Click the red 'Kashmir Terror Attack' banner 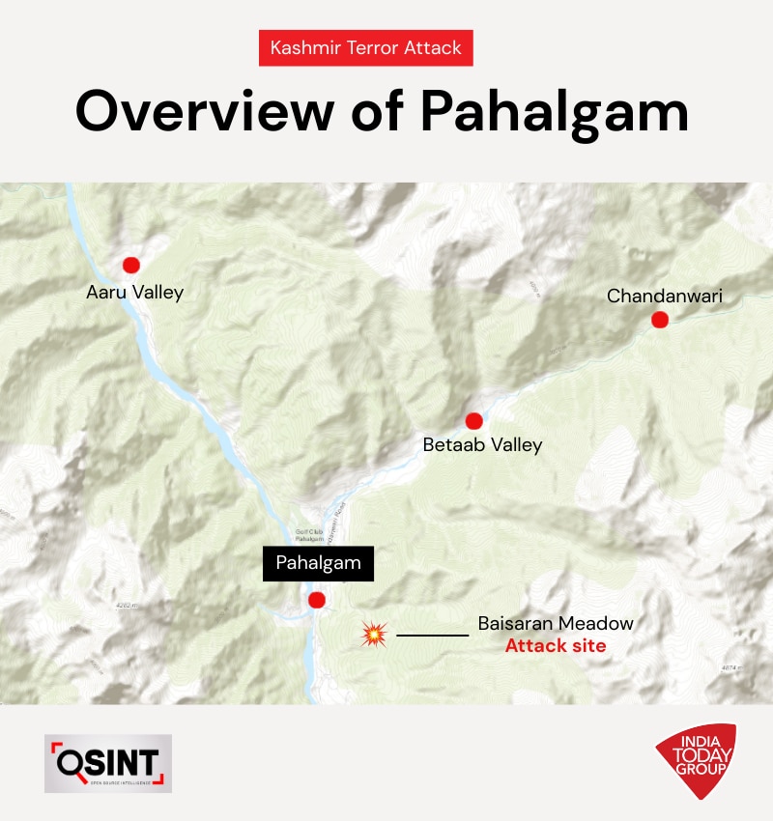tap(365, 47)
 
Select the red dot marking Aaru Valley tap(130, 265)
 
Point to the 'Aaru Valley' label tap(134, 292)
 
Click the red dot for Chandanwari tap(660, 320)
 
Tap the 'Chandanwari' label tap(664, 296)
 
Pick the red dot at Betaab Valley tap(473, 421)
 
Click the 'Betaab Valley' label tap(482, 445)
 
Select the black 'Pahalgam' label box tap(318, 564)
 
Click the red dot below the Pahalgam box tap(315, 601)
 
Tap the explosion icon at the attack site tap(374, 634)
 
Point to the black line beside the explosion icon tap(432, 635)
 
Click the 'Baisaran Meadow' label tap(556, 624)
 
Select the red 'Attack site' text tap(556, 646)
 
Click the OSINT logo tap(108, 763)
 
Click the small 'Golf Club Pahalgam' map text tap(308, 534)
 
